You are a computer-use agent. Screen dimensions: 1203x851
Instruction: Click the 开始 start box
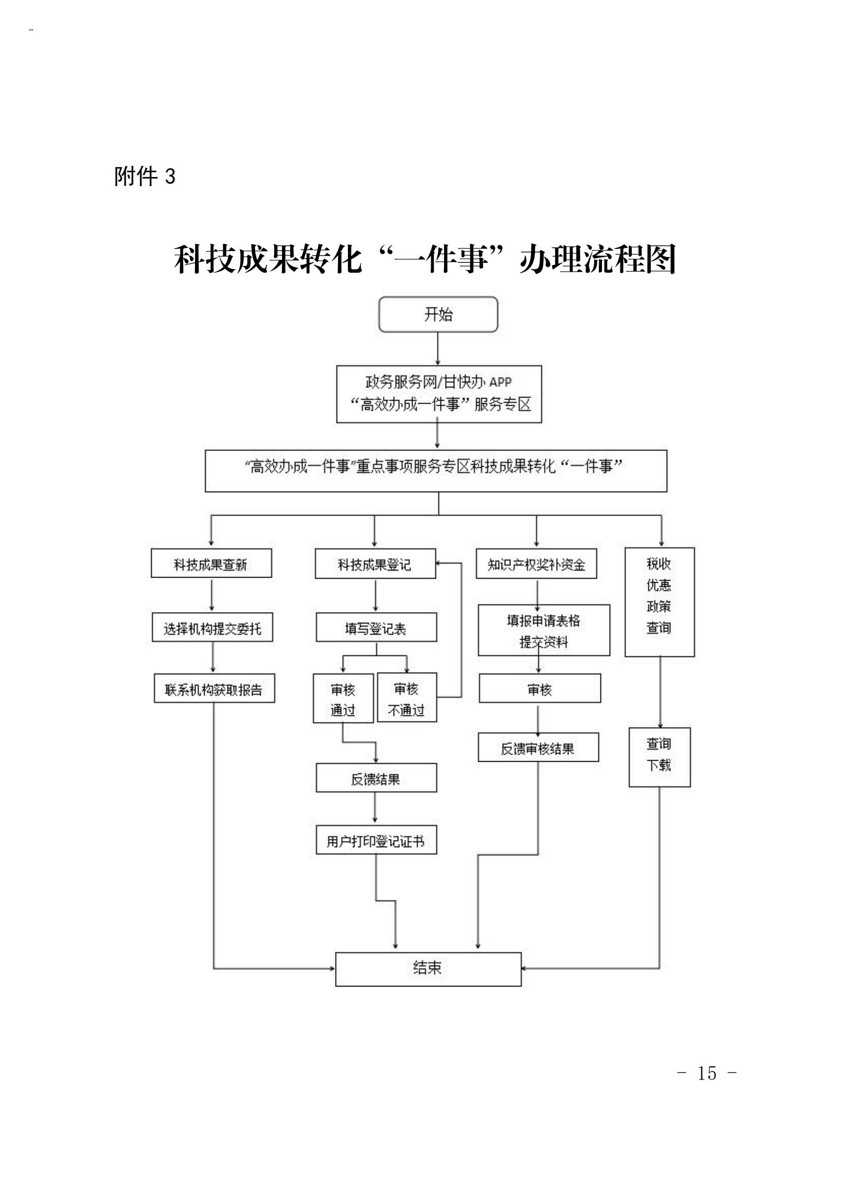438,314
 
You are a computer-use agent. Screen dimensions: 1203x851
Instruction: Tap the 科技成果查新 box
211,564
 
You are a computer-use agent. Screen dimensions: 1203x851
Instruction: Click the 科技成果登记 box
375,564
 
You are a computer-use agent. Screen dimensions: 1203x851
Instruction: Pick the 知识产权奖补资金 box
536,564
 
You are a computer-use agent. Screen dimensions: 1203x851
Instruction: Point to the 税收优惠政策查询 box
659,602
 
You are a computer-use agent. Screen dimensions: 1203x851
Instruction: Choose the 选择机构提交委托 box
212,627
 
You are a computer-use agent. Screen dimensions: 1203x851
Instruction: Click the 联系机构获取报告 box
215,689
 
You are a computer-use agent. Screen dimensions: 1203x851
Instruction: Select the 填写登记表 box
376,627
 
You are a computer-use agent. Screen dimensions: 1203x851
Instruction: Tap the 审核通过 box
343,698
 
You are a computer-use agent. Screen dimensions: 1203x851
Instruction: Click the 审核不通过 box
406,698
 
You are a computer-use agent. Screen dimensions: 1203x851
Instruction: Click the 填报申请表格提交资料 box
544,631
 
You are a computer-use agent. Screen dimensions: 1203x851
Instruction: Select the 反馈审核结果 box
538,748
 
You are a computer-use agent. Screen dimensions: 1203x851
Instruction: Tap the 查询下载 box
659,757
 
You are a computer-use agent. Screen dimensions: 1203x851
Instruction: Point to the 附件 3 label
145,176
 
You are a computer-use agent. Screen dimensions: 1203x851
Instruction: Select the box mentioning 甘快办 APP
438,394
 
